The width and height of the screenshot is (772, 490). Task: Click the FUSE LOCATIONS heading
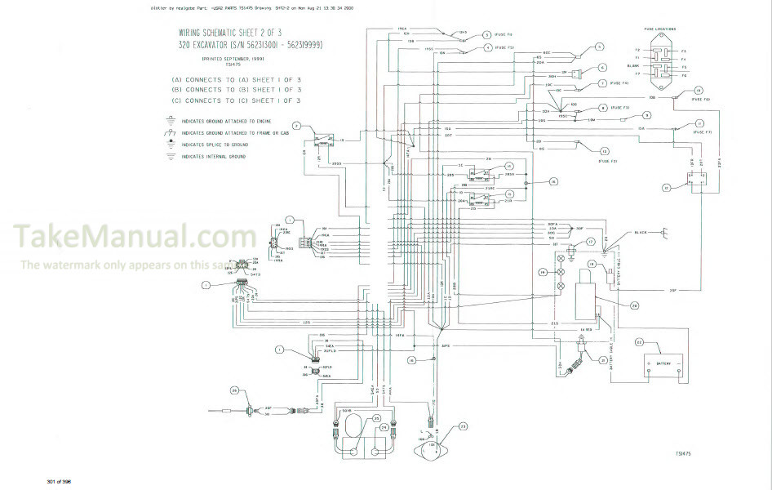tap(659, 29)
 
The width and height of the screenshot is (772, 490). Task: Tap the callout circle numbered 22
tap(639, 343)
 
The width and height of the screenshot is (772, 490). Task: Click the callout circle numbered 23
tap(463, 425)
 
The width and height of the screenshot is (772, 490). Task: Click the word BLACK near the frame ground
tap(641, 233)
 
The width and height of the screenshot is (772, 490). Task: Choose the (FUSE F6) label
tap(701, 100)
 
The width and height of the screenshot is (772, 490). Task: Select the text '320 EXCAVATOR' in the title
tap(204, 45)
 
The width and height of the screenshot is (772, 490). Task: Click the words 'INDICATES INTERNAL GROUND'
tap(215, 156)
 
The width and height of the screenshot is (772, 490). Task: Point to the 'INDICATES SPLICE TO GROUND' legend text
tap(215, 144)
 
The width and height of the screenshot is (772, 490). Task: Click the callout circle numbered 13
tap(604, 151)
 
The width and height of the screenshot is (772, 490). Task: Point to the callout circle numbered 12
tap(666, 188)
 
